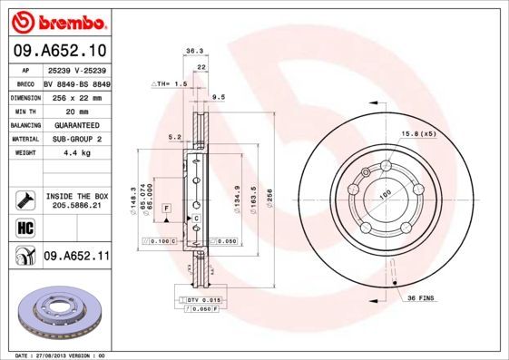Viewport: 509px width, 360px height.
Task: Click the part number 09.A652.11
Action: (x=76, y=257)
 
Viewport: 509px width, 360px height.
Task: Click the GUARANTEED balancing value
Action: (x=76, y=125)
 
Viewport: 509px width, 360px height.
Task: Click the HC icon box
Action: (x=24, y=227)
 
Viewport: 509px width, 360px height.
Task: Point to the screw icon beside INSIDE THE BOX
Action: (x=24, y=199)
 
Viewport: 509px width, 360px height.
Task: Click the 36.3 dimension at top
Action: (x=193, y=52)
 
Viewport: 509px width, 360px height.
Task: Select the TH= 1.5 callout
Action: (x=170, y=83)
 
